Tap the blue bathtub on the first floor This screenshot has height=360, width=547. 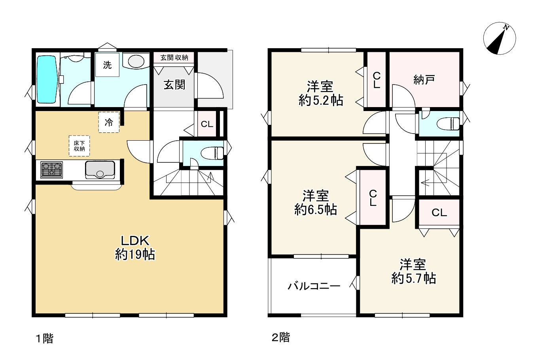pos(47,79)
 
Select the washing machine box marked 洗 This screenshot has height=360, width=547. pos(107,65)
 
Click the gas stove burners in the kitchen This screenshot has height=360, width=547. pos(51,170)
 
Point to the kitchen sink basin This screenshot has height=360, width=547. pos(100,170)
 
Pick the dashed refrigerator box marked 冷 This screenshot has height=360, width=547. pos(109,122)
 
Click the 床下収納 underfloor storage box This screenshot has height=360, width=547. pos(79,146)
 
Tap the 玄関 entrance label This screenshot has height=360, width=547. pos(174,85)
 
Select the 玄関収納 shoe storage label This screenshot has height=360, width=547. pos(174,58)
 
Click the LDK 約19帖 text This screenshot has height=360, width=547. pos(135,248)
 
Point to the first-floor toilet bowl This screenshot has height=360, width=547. pos(212,153)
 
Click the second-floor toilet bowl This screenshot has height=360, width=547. pos(449,124)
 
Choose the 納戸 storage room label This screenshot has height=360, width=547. pos(424,79)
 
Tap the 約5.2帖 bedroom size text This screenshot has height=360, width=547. pos(321,100)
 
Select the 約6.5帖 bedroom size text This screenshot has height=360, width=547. pos(316,209)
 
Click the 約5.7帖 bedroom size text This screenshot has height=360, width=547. pos(414,278)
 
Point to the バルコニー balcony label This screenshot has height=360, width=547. pos(314,286)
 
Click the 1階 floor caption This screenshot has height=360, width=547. pos(45,339)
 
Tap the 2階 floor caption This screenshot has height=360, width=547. pos(281,337)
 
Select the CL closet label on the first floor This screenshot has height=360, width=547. pos(207,124)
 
